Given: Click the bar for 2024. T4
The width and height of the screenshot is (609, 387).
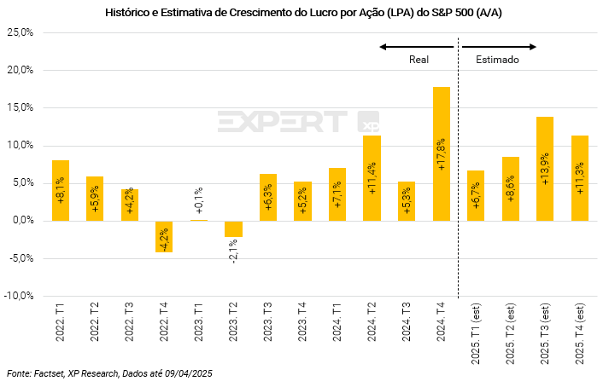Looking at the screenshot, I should point(442,153).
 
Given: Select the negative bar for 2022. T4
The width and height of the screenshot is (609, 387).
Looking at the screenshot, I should point(164,236).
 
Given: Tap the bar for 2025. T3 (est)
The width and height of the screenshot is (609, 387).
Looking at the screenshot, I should point(545,169).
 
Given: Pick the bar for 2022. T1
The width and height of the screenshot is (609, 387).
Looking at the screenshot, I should point(61,190).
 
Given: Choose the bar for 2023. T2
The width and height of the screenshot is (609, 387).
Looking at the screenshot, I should point(233,228).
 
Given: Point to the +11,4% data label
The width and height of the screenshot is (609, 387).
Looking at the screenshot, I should point(372,177).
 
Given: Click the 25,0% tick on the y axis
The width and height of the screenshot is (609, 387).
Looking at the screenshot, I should point(20,32).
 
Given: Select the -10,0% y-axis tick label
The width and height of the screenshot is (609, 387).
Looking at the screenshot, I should point(18,296).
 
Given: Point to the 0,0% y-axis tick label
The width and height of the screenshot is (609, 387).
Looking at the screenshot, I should point(21,221).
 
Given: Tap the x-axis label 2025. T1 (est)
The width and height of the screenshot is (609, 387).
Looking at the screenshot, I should point(476,333).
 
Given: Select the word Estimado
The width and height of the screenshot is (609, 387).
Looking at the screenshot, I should point(498,61).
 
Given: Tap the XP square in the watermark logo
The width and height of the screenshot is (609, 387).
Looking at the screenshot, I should point(368,123).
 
